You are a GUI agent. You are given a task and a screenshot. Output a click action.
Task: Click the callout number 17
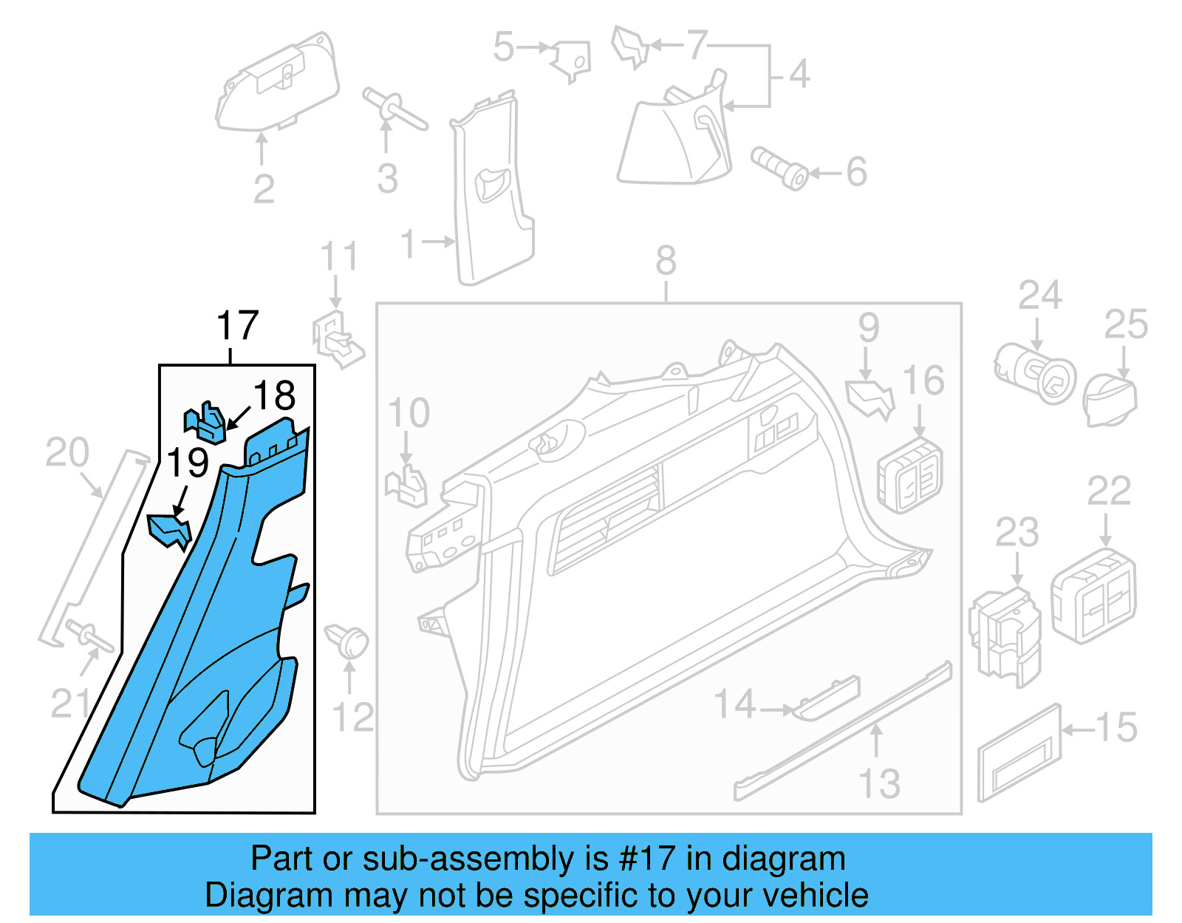[x=237, y=326]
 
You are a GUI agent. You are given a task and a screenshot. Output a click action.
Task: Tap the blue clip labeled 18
[x=205, y=424]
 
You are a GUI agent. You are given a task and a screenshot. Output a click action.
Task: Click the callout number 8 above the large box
[x=666, y=261]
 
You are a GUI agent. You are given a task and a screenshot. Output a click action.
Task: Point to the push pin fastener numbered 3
[x=393, y=109]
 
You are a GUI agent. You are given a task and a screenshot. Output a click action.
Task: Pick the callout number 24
[x=1040, y=296]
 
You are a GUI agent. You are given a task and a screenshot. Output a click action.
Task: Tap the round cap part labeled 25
[x=1109, y=400]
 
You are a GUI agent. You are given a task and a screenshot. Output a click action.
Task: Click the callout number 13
[x=879, y=783]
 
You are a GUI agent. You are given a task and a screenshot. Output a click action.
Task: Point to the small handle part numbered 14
[x=827, y=698]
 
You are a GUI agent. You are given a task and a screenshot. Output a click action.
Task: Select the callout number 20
[x=67, y=452]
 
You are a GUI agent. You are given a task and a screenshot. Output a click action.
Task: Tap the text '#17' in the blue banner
[x=646, y=859]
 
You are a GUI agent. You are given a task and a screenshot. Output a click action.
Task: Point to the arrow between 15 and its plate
[x=1077, y=729]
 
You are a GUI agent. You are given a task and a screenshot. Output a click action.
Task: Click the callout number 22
[x=1109, y=491]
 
